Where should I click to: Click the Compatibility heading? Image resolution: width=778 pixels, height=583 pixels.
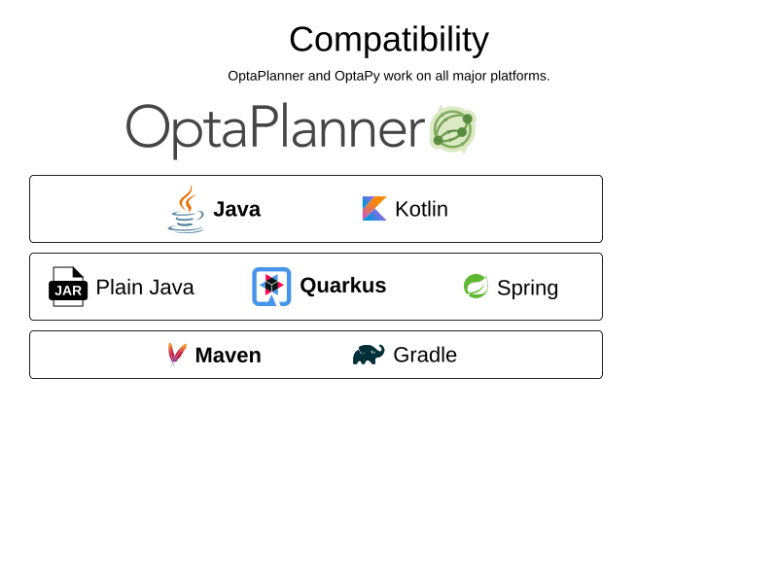(x=389, y=40)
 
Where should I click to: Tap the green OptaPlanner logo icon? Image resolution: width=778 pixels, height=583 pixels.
(x=452, y=128)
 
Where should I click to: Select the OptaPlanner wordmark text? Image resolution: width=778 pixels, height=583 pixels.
(x=275, y=130)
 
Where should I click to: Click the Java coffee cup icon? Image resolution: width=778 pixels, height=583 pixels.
(x=186, y=209)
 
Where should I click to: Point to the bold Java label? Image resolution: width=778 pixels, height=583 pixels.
(x=236, y=209)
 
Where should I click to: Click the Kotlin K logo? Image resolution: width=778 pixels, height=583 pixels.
(x=374, y=209)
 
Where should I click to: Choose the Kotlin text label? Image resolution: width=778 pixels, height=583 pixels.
(x=421, y=209)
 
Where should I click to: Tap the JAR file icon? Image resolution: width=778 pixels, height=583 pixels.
(x=68, y=287)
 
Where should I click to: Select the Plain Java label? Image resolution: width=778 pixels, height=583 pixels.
(x=145, y=288)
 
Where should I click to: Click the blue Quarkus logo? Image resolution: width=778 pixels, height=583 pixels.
(x=271, y=287)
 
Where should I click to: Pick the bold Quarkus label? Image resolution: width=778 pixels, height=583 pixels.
(x=343, y=286)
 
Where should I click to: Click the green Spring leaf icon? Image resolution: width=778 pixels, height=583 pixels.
(x=476, y=286)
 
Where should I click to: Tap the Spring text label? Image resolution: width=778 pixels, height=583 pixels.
(x=527, y=289)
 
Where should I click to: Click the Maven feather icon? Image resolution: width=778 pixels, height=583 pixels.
(x=177, y=355)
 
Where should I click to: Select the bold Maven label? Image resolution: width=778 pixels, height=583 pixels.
(x=229, y=356)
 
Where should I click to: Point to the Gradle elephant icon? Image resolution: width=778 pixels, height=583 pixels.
(x=369, y=355)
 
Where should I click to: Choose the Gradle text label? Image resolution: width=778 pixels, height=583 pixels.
(x=425, y=355)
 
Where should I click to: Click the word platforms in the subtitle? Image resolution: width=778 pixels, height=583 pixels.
(x=520, y=77)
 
